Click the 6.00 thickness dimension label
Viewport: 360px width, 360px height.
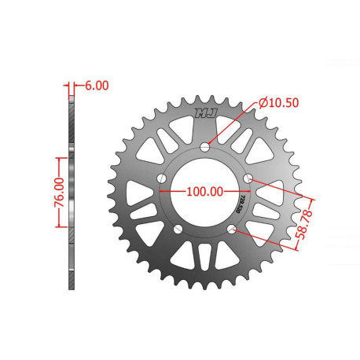click(x=93, y=86)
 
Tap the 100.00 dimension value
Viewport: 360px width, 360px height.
click(x=203, y=190)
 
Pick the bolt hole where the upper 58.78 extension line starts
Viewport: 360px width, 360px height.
click(x=248, y=179)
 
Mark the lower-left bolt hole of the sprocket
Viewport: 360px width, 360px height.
click(x=178, y=229)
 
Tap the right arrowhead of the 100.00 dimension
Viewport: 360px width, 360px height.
click(x=246, y=191)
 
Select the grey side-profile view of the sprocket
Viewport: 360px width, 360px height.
click(x=72, y=189)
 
